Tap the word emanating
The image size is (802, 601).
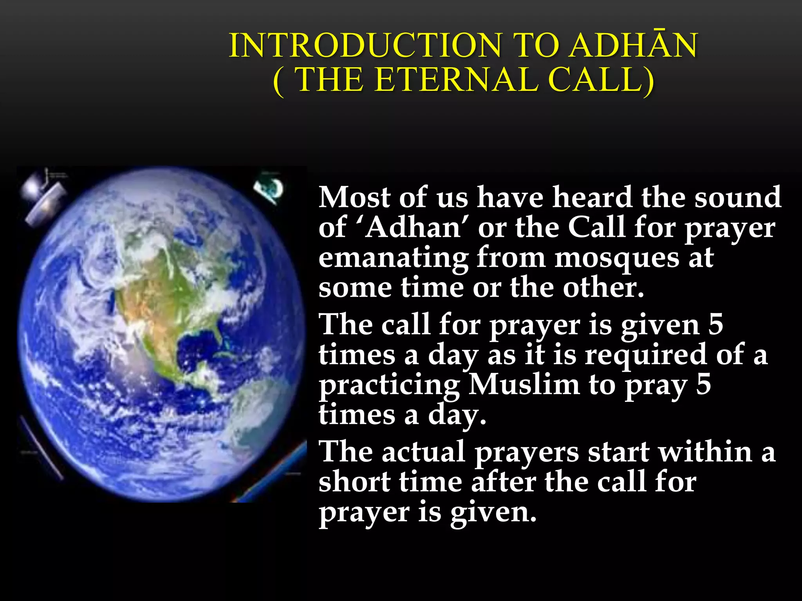tap(393, 258)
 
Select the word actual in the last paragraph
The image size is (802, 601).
tap(423, 452)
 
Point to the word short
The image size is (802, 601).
tap(354, 482)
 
